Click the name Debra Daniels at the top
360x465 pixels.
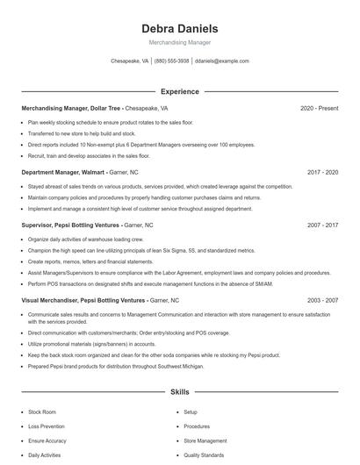tap(179, 29)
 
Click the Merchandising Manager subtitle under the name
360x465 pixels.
tap(179, 42)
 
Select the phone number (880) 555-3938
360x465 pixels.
tap(171, 61)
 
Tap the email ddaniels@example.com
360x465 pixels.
tap(221, 61)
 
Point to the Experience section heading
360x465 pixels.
tap(179, 91)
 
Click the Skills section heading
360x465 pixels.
tap(179, 391)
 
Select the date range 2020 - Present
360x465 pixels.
tap(319, 109)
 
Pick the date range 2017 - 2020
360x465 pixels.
tap(322, 173)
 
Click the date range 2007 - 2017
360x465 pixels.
tap(322, 225)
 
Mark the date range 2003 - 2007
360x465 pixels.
tap(322, 300)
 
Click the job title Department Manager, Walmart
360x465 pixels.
tap(70, 173)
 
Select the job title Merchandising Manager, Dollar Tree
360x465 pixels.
tap(71, 109)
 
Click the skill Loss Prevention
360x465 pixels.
tap(47, 426)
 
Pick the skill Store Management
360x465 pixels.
tap(205, 440)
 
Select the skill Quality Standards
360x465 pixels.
tap(204, 455)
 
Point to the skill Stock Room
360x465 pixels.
tap(42, 411)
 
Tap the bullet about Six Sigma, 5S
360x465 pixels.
tap(140, 250)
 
